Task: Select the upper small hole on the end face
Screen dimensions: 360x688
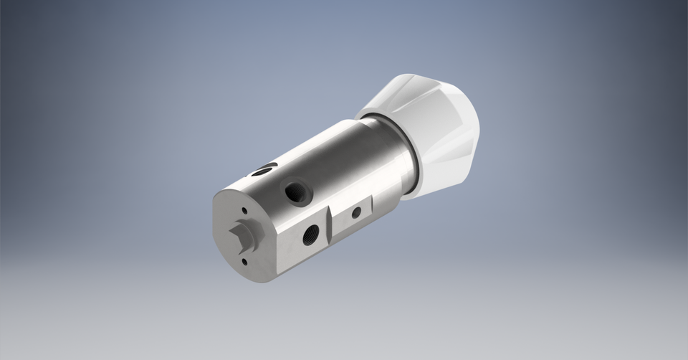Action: click(x=245, y=210)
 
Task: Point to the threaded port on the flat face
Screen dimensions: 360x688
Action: click(x=310, y=233)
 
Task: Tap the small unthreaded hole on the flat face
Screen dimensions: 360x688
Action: click(x=355, y=212)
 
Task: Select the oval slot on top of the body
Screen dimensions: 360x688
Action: click(x=264, y=171)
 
